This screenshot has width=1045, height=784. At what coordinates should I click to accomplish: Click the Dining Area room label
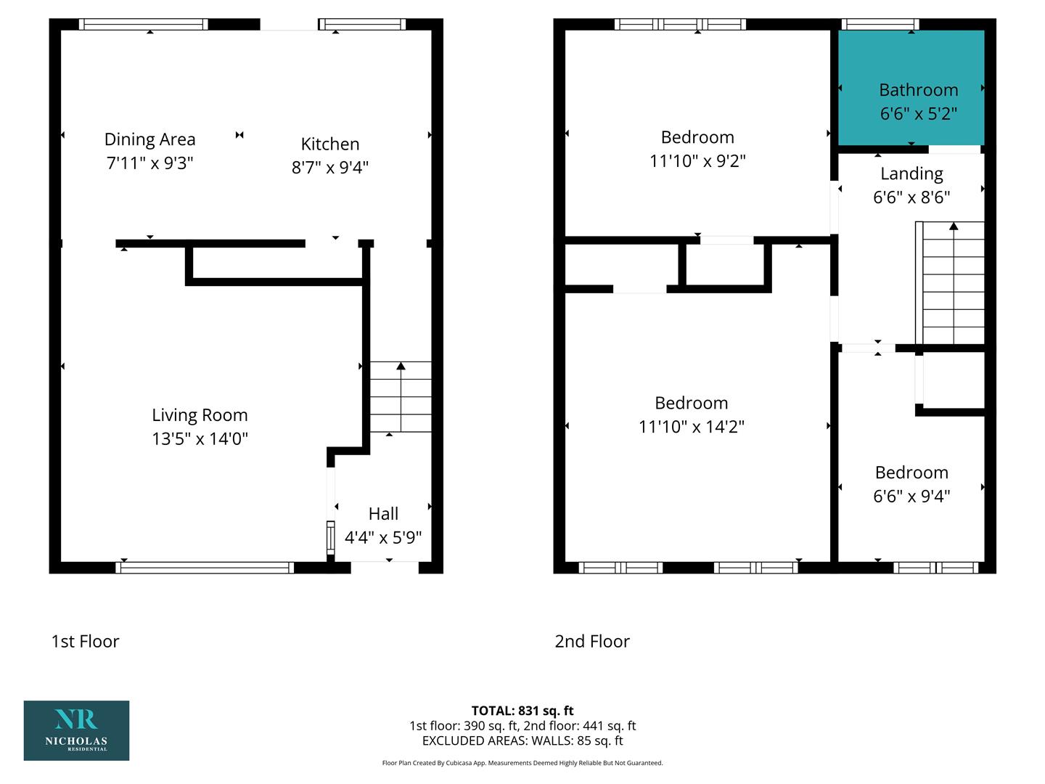[x=149, y=139]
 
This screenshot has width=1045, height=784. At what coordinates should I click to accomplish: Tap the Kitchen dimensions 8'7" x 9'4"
[x=330, y=167]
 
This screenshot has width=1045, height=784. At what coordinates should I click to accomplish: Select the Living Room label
[x=200, y=415]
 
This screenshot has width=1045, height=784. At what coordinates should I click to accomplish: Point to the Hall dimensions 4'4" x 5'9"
[x=382, y=537]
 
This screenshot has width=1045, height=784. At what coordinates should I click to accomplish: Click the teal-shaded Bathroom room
[x=911, y=88]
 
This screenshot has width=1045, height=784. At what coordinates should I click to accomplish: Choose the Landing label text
[x=911, y=173]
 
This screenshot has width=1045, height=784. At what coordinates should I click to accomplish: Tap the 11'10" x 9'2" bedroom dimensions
[x=697, y=161]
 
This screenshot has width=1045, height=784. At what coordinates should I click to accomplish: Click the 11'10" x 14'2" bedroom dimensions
[x=692, y=427]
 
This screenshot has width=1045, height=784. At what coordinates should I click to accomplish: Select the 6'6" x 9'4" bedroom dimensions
[x=911, y=496]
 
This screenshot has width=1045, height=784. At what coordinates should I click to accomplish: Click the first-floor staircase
[x=401, y=397]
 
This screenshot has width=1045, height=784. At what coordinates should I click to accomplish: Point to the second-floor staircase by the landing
[x=950, y=283]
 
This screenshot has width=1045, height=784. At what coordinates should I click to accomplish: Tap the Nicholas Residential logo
[x=76, y=730]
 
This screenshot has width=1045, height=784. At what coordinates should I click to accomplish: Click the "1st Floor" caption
[x=85, y=641]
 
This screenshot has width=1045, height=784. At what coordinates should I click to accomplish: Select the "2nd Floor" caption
[x=591, y=641]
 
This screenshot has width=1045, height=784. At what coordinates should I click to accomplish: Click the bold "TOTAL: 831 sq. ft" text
[x=522, y=711]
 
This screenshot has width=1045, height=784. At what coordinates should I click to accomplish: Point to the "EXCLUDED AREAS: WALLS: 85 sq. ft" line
[x=522, y=740]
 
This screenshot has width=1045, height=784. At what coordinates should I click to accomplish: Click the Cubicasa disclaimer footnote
[x=522, y=763]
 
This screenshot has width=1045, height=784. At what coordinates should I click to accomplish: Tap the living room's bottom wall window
[x=205, y=568]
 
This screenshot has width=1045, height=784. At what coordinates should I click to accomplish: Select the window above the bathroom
[x=880, y=24]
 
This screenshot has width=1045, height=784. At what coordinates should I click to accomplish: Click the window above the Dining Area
[x=143, y=24]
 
